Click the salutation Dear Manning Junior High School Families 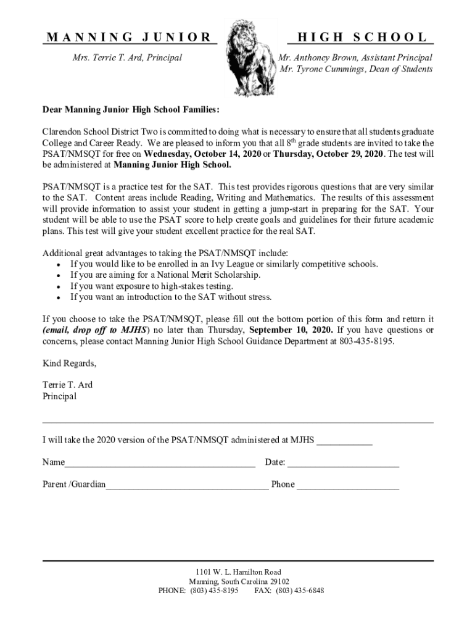point(130,110)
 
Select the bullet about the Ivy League point(224,264)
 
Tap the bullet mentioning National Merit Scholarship point(165,275)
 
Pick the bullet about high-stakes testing point(152,286)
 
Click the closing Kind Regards point(69,363)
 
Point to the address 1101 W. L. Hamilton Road point(238,572)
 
